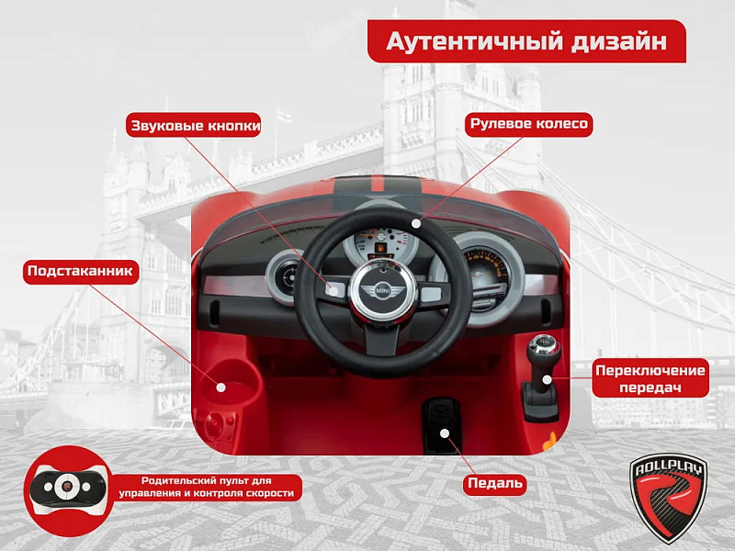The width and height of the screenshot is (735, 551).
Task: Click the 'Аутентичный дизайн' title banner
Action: pos(526,41)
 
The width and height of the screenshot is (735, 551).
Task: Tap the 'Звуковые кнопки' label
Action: pos(194,125)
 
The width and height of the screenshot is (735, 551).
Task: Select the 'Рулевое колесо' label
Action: pos(529,124)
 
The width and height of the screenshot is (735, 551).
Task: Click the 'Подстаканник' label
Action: pos(81,272)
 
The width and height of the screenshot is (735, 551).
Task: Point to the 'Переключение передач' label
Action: pos(650,378)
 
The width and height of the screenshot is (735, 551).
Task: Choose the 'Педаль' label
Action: pos(495,483)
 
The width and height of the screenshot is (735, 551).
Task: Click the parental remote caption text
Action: pos(206,488)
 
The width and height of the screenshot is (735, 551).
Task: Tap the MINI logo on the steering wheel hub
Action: pos(382,291)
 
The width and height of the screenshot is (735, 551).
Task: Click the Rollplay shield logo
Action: pos(668,498)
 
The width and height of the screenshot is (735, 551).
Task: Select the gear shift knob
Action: pos(543,347)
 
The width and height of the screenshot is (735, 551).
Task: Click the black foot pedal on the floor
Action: pos(442,424)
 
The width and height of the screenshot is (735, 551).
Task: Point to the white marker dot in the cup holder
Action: pos(220,388)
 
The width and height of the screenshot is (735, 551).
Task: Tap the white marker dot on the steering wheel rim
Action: pos(416,223)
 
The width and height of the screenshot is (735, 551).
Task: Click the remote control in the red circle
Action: pos(67,488)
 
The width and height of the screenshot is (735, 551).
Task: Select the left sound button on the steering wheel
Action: pos(335,291)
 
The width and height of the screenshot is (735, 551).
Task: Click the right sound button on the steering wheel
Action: pos(431,295)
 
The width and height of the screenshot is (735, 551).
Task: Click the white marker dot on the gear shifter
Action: pos(546,378)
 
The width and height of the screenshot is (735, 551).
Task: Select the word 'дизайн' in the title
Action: pos(618,41)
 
